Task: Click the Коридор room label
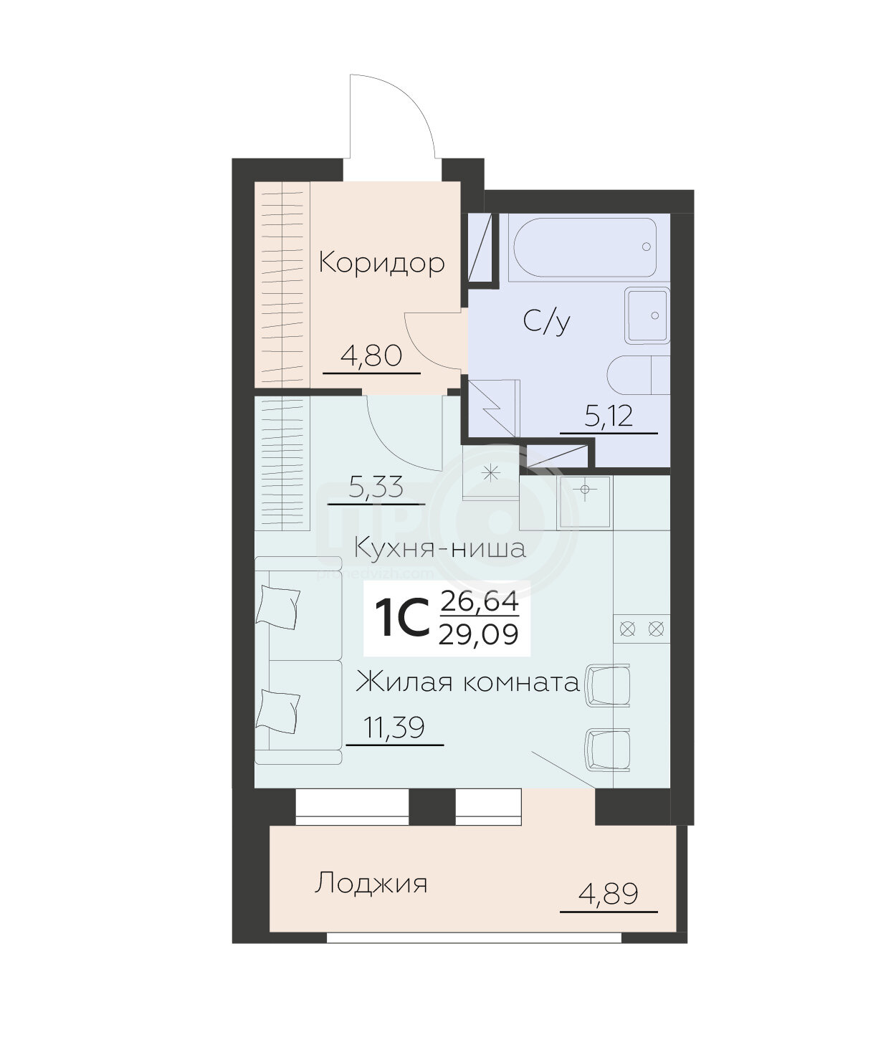click(x=381, y=263)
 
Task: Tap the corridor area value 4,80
click(x=371, y=356)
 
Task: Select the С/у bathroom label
click(x=546, y=321)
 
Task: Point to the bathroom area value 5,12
click(x=609, y=416)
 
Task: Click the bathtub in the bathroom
click(x=585, y=248)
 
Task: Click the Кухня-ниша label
click(x=439, y=548)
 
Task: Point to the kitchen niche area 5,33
click(x=376, y=488)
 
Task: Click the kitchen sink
click(x=584, y=502)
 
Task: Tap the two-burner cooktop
click(x=642, y=629)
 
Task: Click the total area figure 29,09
click(x=478, y=634)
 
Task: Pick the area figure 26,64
click(x=480, y=601)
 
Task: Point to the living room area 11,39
click(x=394, y=728)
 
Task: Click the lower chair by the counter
click(x=608, y=750)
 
